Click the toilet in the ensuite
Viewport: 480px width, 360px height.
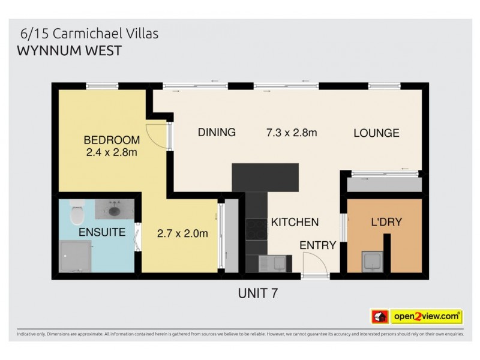click(76, 214)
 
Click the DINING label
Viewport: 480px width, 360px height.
click(217, 133)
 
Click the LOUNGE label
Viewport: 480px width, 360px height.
click(376, 133)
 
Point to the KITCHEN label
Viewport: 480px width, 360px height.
click(295, 223)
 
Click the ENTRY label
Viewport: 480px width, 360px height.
click(317, 245)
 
